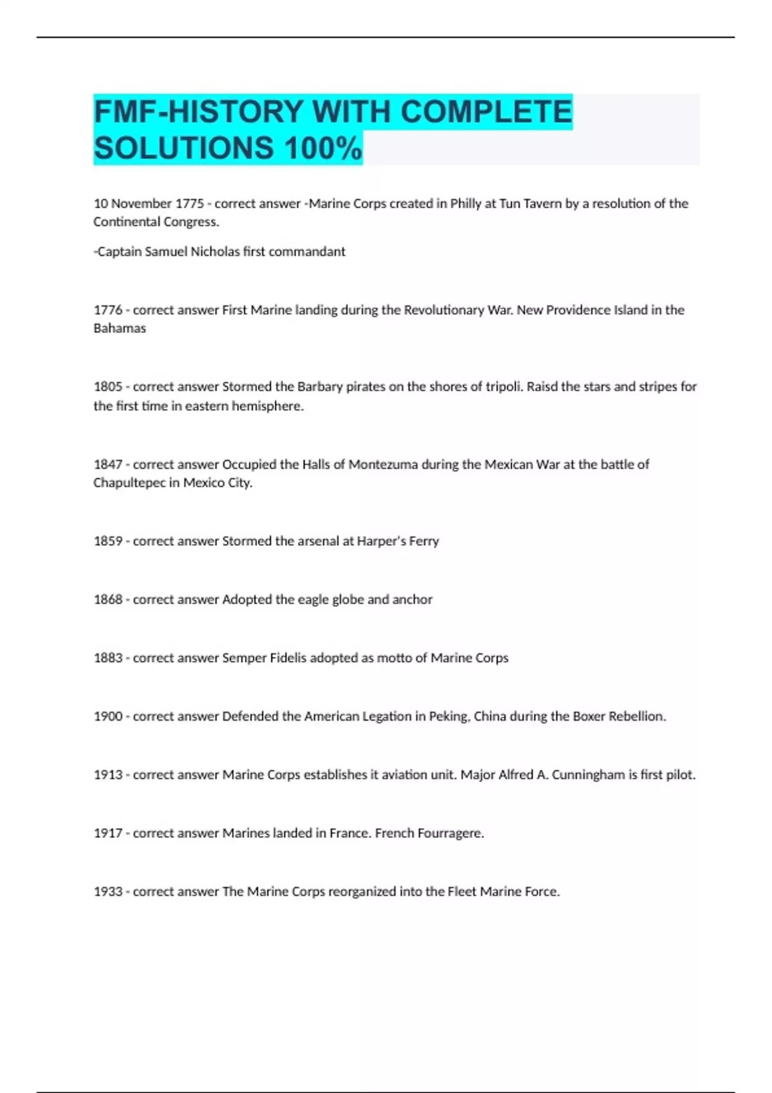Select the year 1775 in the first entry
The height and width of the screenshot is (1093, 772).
coord(190,204)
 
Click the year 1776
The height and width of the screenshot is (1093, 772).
coord(108,310)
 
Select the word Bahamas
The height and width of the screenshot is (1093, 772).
coord(120,329)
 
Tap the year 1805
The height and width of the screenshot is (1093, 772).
coord(108,387)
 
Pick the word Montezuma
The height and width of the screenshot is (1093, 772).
coord(383,464)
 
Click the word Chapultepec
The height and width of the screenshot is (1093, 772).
coord(129,483)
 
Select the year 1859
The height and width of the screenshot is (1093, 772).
coord(108,541)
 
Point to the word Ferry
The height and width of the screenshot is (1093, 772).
coord(424,541)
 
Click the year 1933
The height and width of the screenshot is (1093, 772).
coord(108,892)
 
